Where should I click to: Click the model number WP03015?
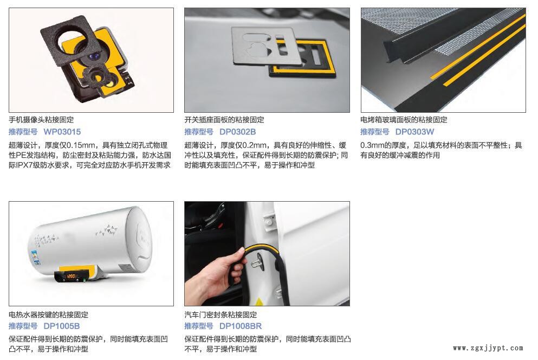point(62,132)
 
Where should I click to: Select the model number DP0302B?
point(237,132)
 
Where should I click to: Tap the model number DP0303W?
point(414,132)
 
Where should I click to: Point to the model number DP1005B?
point(61,326)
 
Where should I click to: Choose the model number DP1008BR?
point(240,326)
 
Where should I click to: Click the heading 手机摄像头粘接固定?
point(41,119)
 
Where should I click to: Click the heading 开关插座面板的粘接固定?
point(224,119)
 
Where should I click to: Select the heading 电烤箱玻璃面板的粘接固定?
point(404,119)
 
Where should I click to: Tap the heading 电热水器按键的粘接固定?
point(48,314)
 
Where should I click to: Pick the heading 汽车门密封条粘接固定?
point(221,314)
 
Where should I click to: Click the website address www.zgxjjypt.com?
point(488,348)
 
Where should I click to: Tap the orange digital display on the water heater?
point(71,276)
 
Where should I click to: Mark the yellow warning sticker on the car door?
point(259,302)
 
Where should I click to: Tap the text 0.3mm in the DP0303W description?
point(371,145)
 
